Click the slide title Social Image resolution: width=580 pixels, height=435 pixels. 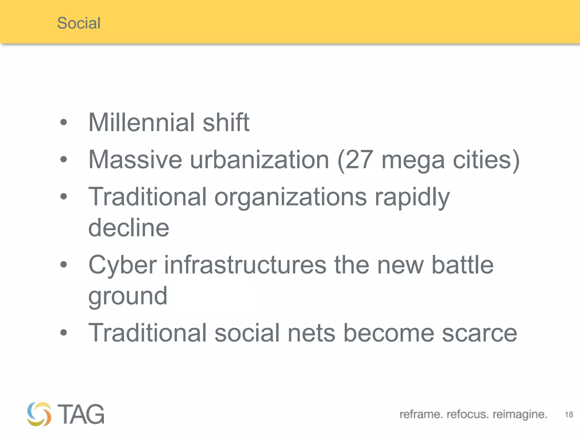[x=79, y=23]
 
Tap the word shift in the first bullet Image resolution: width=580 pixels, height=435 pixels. [x=226, y=122]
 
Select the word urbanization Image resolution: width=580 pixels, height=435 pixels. [x=259, y=160]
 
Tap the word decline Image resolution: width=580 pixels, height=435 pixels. [x=129, y=228]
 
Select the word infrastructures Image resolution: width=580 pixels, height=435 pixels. [x=245, y=265]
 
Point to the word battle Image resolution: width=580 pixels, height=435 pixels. [x=462, y=265]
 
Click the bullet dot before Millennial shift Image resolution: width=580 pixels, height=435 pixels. [x=64, y=122]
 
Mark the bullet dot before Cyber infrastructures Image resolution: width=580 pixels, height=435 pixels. [x=64, y=265]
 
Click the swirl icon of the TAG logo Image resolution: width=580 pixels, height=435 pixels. [x=39, y=414]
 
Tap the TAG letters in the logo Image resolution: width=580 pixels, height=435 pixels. [x=81, y=414]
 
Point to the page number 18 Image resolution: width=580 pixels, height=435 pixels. [x=569, y=415]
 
